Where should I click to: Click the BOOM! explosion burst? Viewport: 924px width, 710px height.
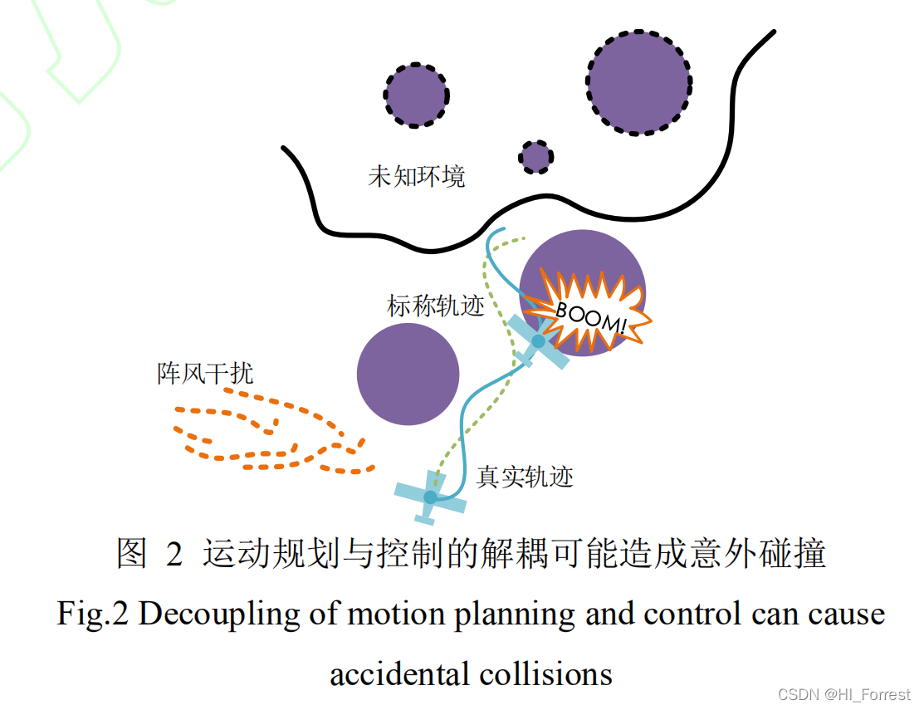click(x=591, y=311)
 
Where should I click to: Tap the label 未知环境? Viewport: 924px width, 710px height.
click(x=417, y=177)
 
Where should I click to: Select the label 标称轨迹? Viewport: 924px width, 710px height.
click(x=435, y=306)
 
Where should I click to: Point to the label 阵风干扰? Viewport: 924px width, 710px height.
click(x=205, y=374)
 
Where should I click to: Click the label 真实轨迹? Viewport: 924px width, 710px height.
click(x=525, y=477)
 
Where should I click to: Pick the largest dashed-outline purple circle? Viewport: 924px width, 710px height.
click(x=639, y=83)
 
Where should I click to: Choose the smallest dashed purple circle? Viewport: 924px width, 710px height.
click(x=535, y=156)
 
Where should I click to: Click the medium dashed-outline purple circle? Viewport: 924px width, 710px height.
click(x=417, y=95)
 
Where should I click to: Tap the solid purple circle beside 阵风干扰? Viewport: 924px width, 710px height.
click(x=408, y=374)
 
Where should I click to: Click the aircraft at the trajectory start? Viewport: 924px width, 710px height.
click(x=430, y=497)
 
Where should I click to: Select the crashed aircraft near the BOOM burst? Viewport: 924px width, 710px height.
click(x=538, y=341)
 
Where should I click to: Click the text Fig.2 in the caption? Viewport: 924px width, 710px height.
click(x=93, y=615)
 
